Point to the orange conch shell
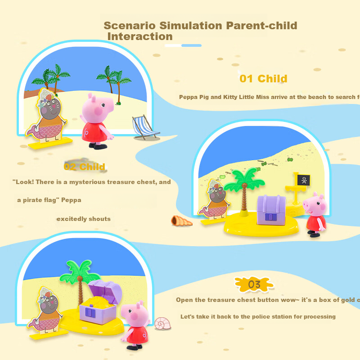pos(181,221)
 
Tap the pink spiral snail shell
pos(162,323)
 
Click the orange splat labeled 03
pos(254,284)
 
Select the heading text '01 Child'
pos(263,79)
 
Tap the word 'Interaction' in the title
pos(140,37)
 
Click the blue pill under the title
pos(191,45)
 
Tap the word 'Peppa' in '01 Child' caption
pos(189,97)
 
